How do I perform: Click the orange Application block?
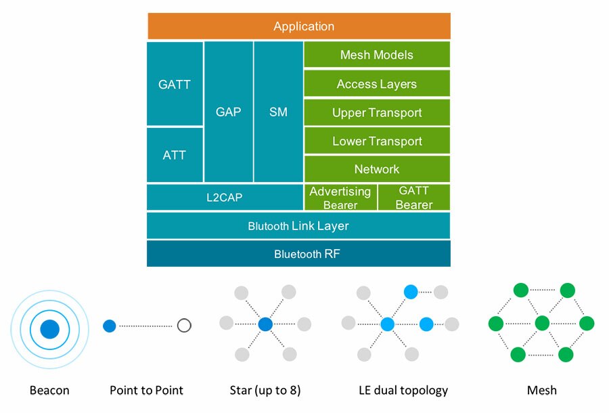coord(298,26)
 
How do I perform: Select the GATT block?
coord(175,85)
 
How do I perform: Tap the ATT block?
coord(175,155)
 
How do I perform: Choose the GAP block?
coord(228,112)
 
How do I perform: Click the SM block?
coord(278,112)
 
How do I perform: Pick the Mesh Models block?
coord(376,55)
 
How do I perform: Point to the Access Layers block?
coord(376,84)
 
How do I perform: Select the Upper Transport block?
coord(376,112)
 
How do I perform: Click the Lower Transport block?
coord(376,141)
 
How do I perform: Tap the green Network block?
coord(376,169)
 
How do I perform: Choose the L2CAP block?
coord(225,198)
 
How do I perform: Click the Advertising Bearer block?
coord(340,198)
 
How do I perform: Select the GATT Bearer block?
coord(413,198)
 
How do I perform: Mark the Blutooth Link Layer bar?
coord(298,225)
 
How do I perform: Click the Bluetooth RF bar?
coord(298,255)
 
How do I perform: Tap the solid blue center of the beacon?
coord(49,330)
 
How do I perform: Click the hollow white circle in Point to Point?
coord(184,326)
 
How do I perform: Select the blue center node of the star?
coord(265,324)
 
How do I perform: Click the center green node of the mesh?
coord(542,323)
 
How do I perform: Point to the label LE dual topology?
coord(403,390)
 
